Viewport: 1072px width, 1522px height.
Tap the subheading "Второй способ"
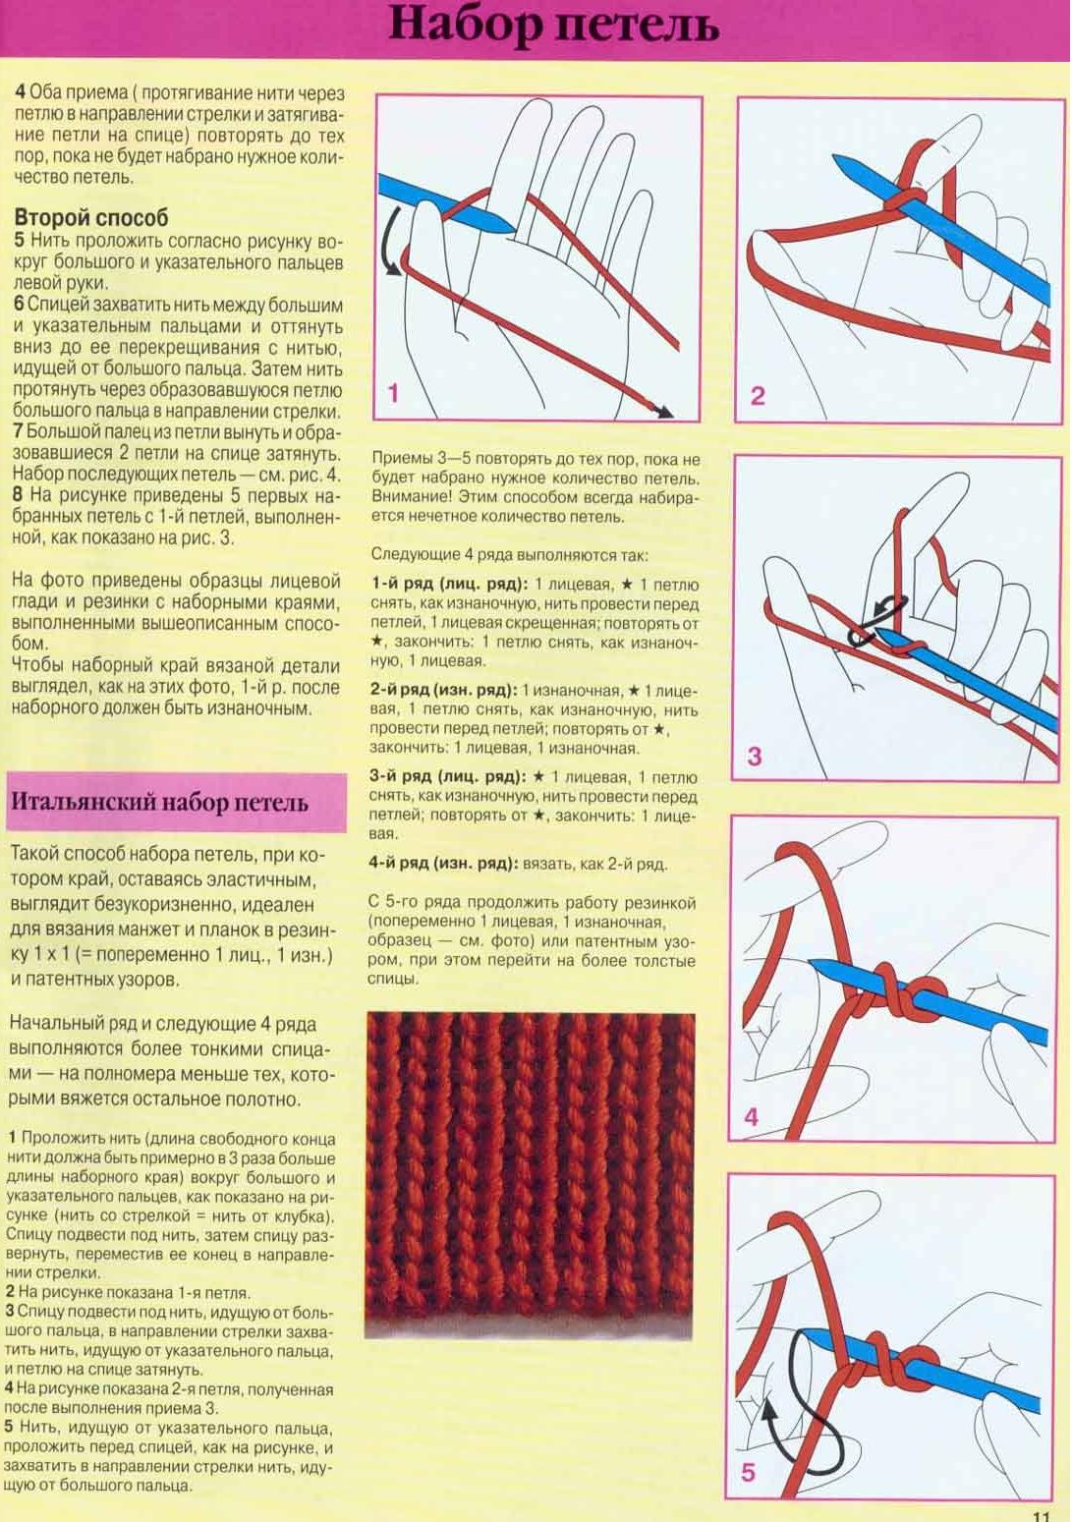click(90, 217)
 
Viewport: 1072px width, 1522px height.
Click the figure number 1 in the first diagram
click(393, 394)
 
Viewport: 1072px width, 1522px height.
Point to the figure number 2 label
click(757, 396)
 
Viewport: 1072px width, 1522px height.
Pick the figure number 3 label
click(754, 756)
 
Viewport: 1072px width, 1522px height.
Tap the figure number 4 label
click(752, 1116)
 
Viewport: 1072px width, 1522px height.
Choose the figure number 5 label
click(749, 1472)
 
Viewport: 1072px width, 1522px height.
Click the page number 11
click(1042, 1514)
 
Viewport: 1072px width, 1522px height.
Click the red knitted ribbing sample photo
click(531, 1174)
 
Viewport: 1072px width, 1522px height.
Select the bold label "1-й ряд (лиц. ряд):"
click(449, 585)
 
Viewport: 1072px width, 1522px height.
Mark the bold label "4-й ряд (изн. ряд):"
click(443, 864)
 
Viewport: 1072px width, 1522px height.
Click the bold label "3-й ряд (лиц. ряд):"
click(447, 776)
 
